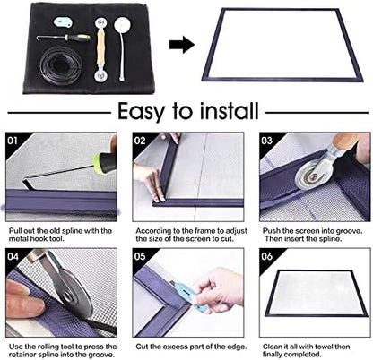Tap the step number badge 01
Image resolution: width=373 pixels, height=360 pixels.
pos(13,141)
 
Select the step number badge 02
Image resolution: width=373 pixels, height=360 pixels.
pos(141,141)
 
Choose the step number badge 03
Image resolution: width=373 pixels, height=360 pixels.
pos(267,141)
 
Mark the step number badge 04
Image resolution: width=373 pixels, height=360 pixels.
pos(13,255)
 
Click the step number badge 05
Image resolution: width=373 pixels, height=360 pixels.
pos(141,255)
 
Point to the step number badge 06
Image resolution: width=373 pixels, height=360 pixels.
pos(267,255)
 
